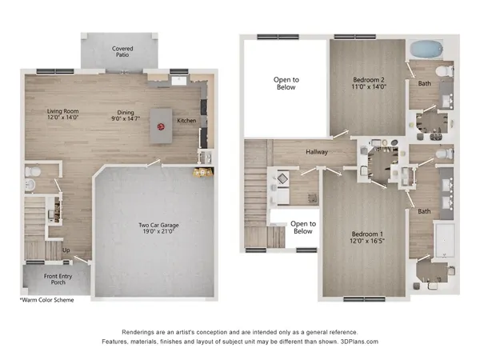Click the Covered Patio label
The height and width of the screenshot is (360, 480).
122,54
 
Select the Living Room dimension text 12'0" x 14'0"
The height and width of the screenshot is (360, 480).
63,118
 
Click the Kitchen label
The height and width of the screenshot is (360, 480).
186,121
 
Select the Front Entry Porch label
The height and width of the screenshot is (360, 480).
46,279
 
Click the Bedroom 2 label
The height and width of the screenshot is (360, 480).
369,80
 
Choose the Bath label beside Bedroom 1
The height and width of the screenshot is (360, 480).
422,211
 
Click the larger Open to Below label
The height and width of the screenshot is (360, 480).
286,83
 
